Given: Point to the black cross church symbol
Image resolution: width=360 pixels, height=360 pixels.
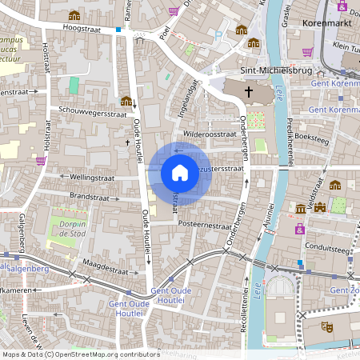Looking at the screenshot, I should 248,91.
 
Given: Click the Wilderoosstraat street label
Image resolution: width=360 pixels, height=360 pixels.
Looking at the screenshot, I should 209,134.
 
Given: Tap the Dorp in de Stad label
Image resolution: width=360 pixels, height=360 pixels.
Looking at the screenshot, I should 68,230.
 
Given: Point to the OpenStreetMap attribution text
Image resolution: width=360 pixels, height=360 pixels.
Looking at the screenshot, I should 80,354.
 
